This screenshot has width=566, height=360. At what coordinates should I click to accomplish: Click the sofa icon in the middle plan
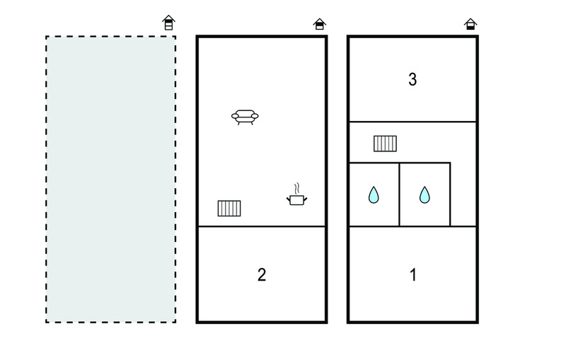[245, 117]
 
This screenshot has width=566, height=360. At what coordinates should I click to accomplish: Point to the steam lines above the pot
[296, 188]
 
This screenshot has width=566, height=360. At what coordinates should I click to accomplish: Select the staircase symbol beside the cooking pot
[229, 209]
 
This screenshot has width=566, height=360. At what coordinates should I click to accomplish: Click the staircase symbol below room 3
[385, 144]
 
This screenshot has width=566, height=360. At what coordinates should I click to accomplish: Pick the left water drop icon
[374, 194]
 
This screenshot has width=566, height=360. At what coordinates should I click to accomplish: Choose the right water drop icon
[424, 194]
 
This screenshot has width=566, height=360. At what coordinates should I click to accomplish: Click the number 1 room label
[413, 275]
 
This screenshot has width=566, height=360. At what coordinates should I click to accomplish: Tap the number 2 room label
[262, 275]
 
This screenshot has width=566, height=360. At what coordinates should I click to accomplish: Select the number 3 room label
[412, 79]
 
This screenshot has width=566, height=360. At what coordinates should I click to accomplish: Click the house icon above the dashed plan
[168, 23]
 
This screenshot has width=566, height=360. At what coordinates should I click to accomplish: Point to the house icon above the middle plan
[320, 24]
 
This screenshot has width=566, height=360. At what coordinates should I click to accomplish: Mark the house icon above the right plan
[470, 24]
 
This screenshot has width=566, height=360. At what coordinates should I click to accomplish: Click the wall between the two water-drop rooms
[399, 194]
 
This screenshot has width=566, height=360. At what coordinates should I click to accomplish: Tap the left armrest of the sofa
[235, 116]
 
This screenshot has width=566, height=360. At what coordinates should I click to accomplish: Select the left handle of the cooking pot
[289, 199]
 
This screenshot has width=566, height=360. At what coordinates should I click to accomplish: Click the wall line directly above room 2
[262, 226]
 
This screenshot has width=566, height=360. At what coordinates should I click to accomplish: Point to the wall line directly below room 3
[412, 122]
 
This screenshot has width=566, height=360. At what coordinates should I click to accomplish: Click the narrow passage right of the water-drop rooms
[463, 194]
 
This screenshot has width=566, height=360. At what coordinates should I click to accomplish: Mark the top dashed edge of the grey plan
[111, 37]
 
